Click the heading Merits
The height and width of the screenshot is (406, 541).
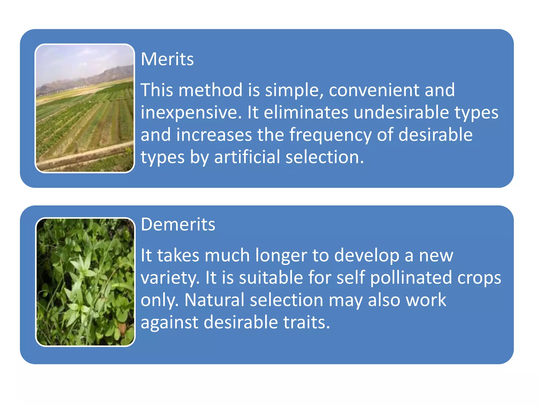pyautogui.click(x=167, y=59)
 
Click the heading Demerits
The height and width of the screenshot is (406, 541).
pyautogui.click(x=178, y=224)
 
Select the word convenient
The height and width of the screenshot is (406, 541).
pyautogui.click(x=374, y=90)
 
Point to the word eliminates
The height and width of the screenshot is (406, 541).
pyautogui.click(x=306, y=112)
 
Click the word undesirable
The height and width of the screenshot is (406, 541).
pyautogui.click(x=401, y=112)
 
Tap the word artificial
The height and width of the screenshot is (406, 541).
pyautogui.click(x=247, y=157)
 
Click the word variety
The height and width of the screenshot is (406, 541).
pyautogui.click(x=170, y=278)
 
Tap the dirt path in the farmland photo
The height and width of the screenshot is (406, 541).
pyautogui.click(x=85, y=156)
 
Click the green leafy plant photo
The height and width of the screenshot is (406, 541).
pyautogui.click(x=85, y=282)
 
